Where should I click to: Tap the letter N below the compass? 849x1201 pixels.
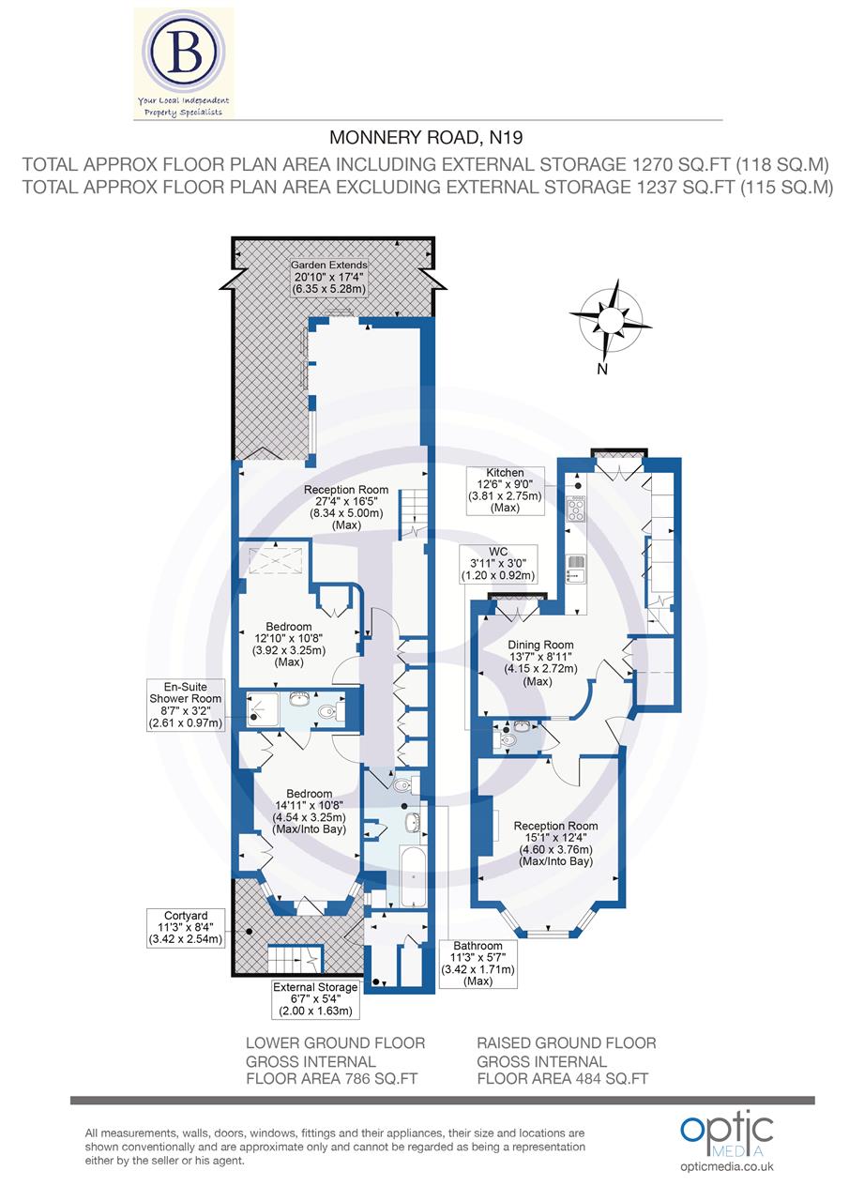[602, 369]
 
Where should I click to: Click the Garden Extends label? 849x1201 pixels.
[328, 278]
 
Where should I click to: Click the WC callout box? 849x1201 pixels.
[497, 563]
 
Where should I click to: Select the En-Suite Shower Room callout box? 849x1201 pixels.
[186, 704]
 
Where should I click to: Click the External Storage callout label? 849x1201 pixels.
[315, 999]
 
